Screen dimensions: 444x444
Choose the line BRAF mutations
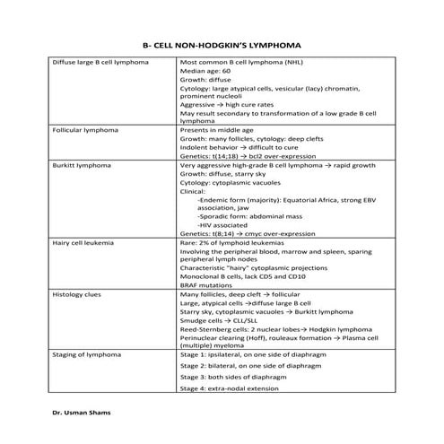tap(205, 284)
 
